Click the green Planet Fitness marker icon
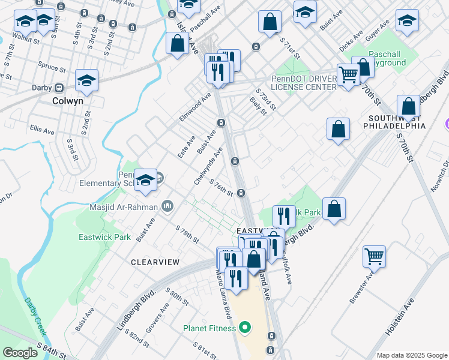click(244, 328)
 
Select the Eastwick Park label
click(104, 237)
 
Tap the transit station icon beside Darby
click(59, 88)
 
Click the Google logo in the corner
click(20, 352)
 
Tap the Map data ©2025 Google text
click(412, 355)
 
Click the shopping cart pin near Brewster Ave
click(374, 256)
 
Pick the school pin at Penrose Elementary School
click(145, 179)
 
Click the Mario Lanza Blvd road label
click(224, 294)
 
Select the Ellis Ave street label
click(42, 130)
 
